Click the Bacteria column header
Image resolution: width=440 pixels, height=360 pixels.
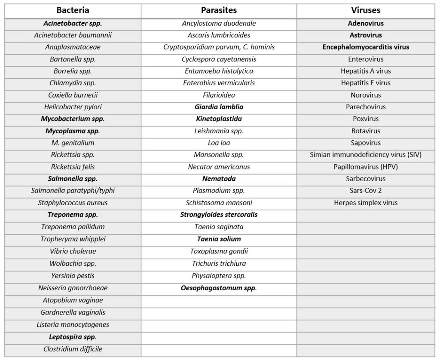pos(73,10)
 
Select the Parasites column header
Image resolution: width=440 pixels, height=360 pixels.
pos(219,10)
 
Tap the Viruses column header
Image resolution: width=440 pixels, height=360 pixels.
pos(366,10)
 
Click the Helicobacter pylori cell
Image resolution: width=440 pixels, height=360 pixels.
pos(73,107)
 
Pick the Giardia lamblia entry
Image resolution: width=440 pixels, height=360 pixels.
pos(219,107)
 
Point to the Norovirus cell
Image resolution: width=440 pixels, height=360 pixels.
pos(366,95)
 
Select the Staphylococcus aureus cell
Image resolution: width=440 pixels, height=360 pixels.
pos(73,203)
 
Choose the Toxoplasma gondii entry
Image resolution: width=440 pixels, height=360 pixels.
pos(219,251)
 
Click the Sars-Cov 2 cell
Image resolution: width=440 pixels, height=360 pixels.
pos(366,191)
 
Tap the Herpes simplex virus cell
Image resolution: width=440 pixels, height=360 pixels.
pos(366,203)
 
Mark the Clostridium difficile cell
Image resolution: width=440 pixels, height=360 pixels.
pos(73,349)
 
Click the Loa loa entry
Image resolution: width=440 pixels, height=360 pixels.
pos(219,143)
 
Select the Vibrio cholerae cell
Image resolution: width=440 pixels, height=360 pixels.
pos(73,251)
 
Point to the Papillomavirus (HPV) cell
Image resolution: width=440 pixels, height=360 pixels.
pos(366,166)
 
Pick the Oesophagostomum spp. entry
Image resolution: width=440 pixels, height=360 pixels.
pos(219,288)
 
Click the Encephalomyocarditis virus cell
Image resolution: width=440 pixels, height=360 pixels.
pos(366,47)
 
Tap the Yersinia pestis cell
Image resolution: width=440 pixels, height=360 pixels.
pos(73,276)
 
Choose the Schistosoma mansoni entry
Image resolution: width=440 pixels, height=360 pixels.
pos(219,203)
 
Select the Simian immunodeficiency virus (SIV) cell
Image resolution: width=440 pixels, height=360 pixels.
pos(366,155)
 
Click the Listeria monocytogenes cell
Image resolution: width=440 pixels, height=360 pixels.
pos(73,325)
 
